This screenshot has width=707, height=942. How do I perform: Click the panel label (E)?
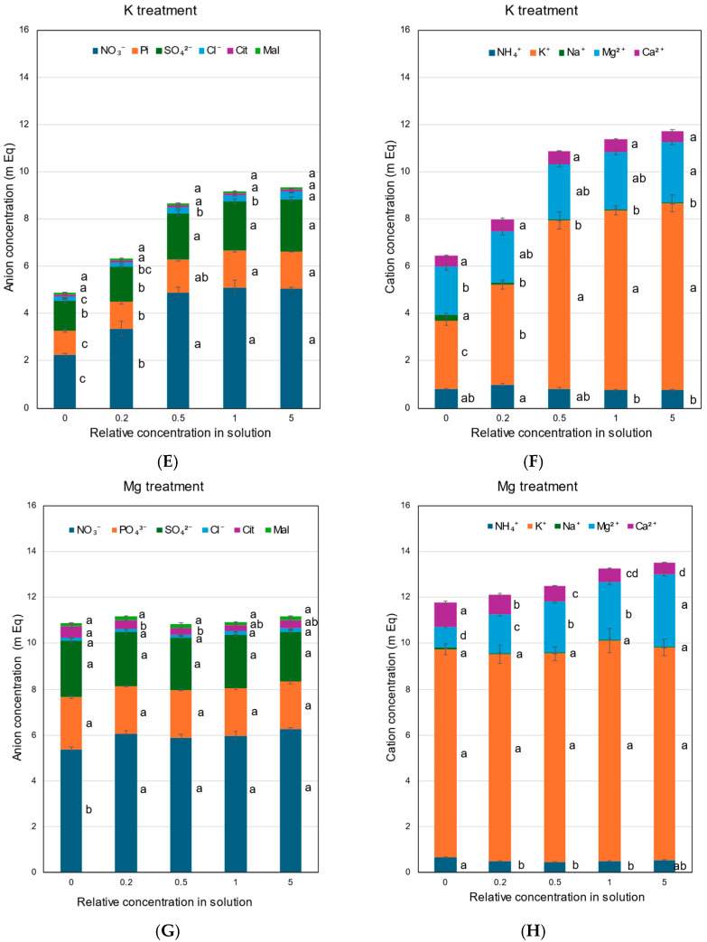(x=167, y=462)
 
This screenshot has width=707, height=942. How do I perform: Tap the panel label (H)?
(x=534, y=931)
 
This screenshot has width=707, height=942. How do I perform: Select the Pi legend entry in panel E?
(x=141, y=51)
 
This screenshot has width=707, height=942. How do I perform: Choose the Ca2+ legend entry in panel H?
(x=641, y=526)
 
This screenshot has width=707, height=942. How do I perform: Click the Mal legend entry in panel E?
(x=267, y=51)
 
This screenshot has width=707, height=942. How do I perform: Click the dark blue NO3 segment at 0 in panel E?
(x=65, y=381)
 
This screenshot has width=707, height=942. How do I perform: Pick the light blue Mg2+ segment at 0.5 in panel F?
(x=559, y=191)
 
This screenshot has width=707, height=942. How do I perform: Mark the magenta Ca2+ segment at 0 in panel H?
(x=445, y=614)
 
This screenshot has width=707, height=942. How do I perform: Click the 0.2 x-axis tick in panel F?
(x=502, y=418)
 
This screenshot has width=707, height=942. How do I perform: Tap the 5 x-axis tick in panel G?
(x=291, y=882)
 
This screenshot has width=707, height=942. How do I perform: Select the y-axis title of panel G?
(x=17, y=688)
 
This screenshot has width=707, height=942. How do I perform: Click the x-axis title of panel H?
(x=557, y=897)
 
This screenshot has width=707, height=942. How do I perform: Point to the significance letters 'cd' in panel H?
(x=632, y=574)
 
